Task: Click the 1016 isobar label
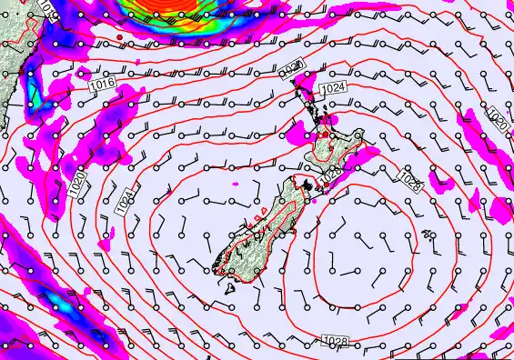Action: (103, 84)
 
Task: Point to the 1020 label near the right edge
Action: (498, 117)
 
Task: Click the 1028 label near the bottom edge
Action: (335, 341)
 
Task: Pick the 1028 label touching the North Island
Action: (331, 172)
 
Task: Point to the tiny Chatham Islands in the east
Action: (428, 235)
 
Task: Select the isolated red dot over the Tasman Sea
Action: (120, 37)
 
